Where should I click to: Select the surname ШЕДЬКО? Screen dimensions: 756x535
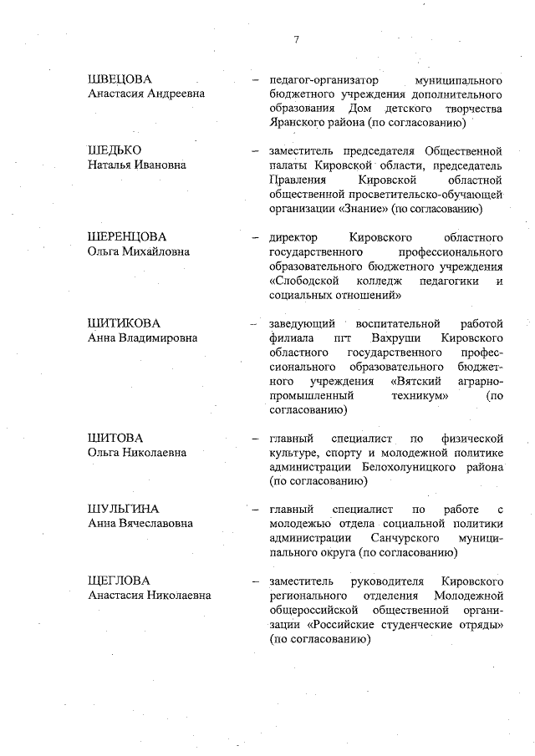(x=114, y=150)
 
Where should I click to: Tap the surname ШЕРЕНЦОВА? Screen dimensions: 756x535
(x=127, y=236)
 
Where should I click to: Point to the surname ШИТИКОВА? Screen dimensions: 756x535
(x=124, y=322)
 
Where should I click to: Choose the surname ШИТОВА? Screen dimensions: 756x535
(x=115, y=438)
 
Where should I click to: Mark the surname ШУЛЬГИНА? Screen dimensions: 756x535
(x=123, y=509)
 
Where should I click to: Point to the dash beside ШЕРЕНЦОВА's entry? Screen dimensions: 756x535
(x=256, y=237)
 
